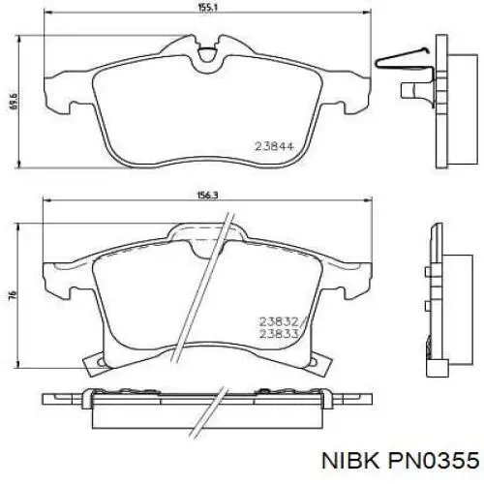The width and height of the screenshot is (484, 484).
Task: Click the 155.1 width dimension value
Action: (208, 8)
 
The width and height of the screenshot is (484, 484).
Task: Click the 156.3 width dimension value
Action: (208, 196)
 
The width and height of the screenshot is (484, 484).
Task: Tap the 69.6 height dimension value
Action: (15, 102)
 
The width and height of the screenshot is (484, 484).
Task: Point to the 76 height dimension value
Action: (13, 294)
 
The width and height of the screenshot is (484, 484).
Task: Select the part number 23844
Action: (274, 146)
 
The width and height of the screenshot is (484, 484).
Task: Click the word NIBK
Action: (349, 461)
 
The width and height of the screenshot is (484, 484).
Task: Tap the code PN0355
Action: (434, 461)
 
